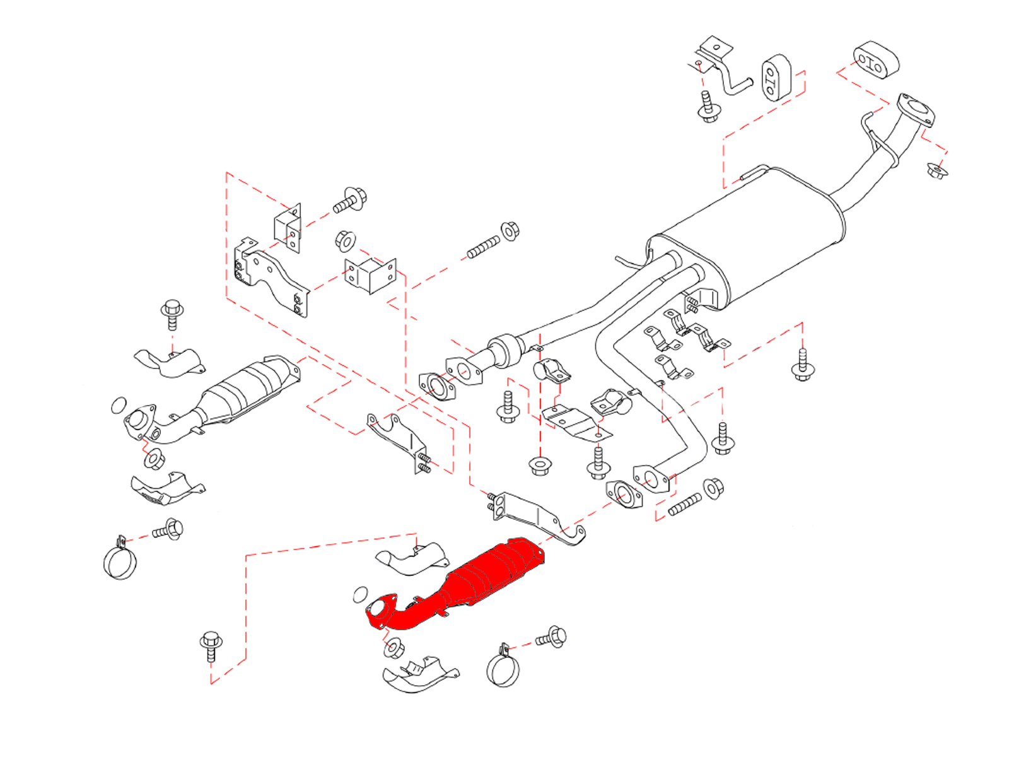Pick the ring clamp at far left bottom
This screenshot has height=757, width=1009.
click(x=120, y=561)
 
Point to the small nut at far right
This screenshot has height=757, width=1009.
click(x=937, y=171)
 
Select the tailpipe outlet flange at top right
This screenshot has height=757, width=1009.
click(x=915, y=110)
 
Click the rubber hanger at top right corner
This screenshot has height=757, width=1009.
click(x=875, y=60)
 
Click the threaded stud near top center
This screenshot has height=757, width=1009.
click(x=483, y=247)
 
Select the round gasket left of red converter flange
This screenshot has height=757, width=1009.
click(x=360, y=594)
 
